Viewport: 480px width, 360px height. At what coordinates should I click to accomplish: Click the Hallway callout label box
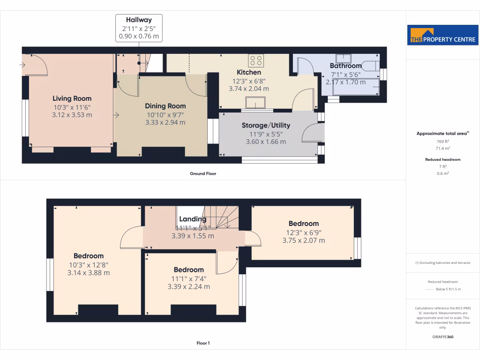[x=139, y=28]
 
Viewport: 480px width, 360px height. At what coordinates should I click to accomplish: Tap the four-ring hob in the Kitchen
[x=256, y=60]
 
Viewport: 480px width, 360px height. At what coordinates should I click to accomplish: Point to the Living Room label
[x=72, y=98]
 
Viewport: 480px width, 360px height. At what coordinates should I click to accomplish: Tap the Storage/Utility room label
[x=266, y=125]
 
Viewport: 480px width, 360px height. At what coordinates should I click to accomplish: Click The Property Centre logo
[x=442, y=35]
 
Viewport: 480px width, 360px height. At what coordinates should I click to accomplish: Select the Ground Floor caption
[x=202, y=173]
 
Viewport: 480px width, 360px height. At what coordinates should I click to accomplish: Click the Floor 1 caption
[x=203, y=343]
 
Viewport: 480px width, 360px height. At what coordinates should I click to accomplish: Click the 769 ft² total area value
[x=442, y=141]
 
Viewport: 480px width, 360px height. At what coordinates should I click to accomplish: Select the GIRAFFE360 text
[x=442, y=337]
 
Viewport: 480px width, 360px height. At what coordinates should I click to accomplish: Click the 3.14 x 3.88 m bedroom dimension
[x=89, y=272]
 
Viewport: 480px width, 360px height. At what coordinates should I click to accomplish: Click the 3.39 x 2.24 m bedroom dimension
[x=188, y=286]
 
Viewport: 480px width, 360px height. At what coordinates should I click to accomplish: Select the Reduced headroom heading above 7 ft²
[x=442, y=159]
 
